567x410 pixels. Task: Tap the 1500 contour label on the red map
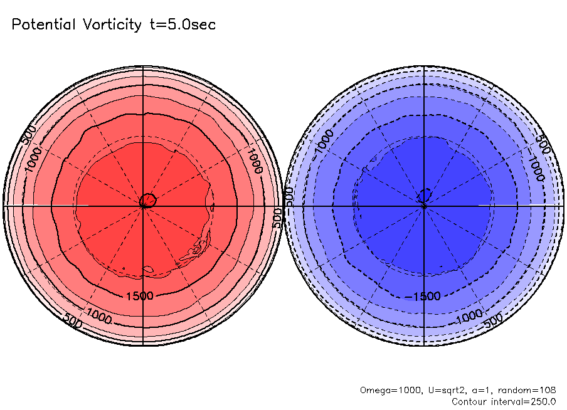[139, 295]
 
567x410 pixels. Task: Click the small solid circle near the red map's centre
[148, 201]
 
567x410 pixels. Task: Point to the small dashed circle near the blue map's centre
[425, 196]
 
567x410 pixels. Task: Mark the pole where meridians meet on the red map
[144, 206]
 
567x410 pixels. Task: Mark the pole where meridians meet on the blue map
[425, 206]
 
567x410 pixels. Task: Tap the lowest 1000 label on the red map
[100, 312]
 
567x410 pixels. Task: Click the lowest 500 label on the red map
[74, 320]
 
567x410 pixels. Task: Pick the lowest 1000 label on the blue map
[469, 314]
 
